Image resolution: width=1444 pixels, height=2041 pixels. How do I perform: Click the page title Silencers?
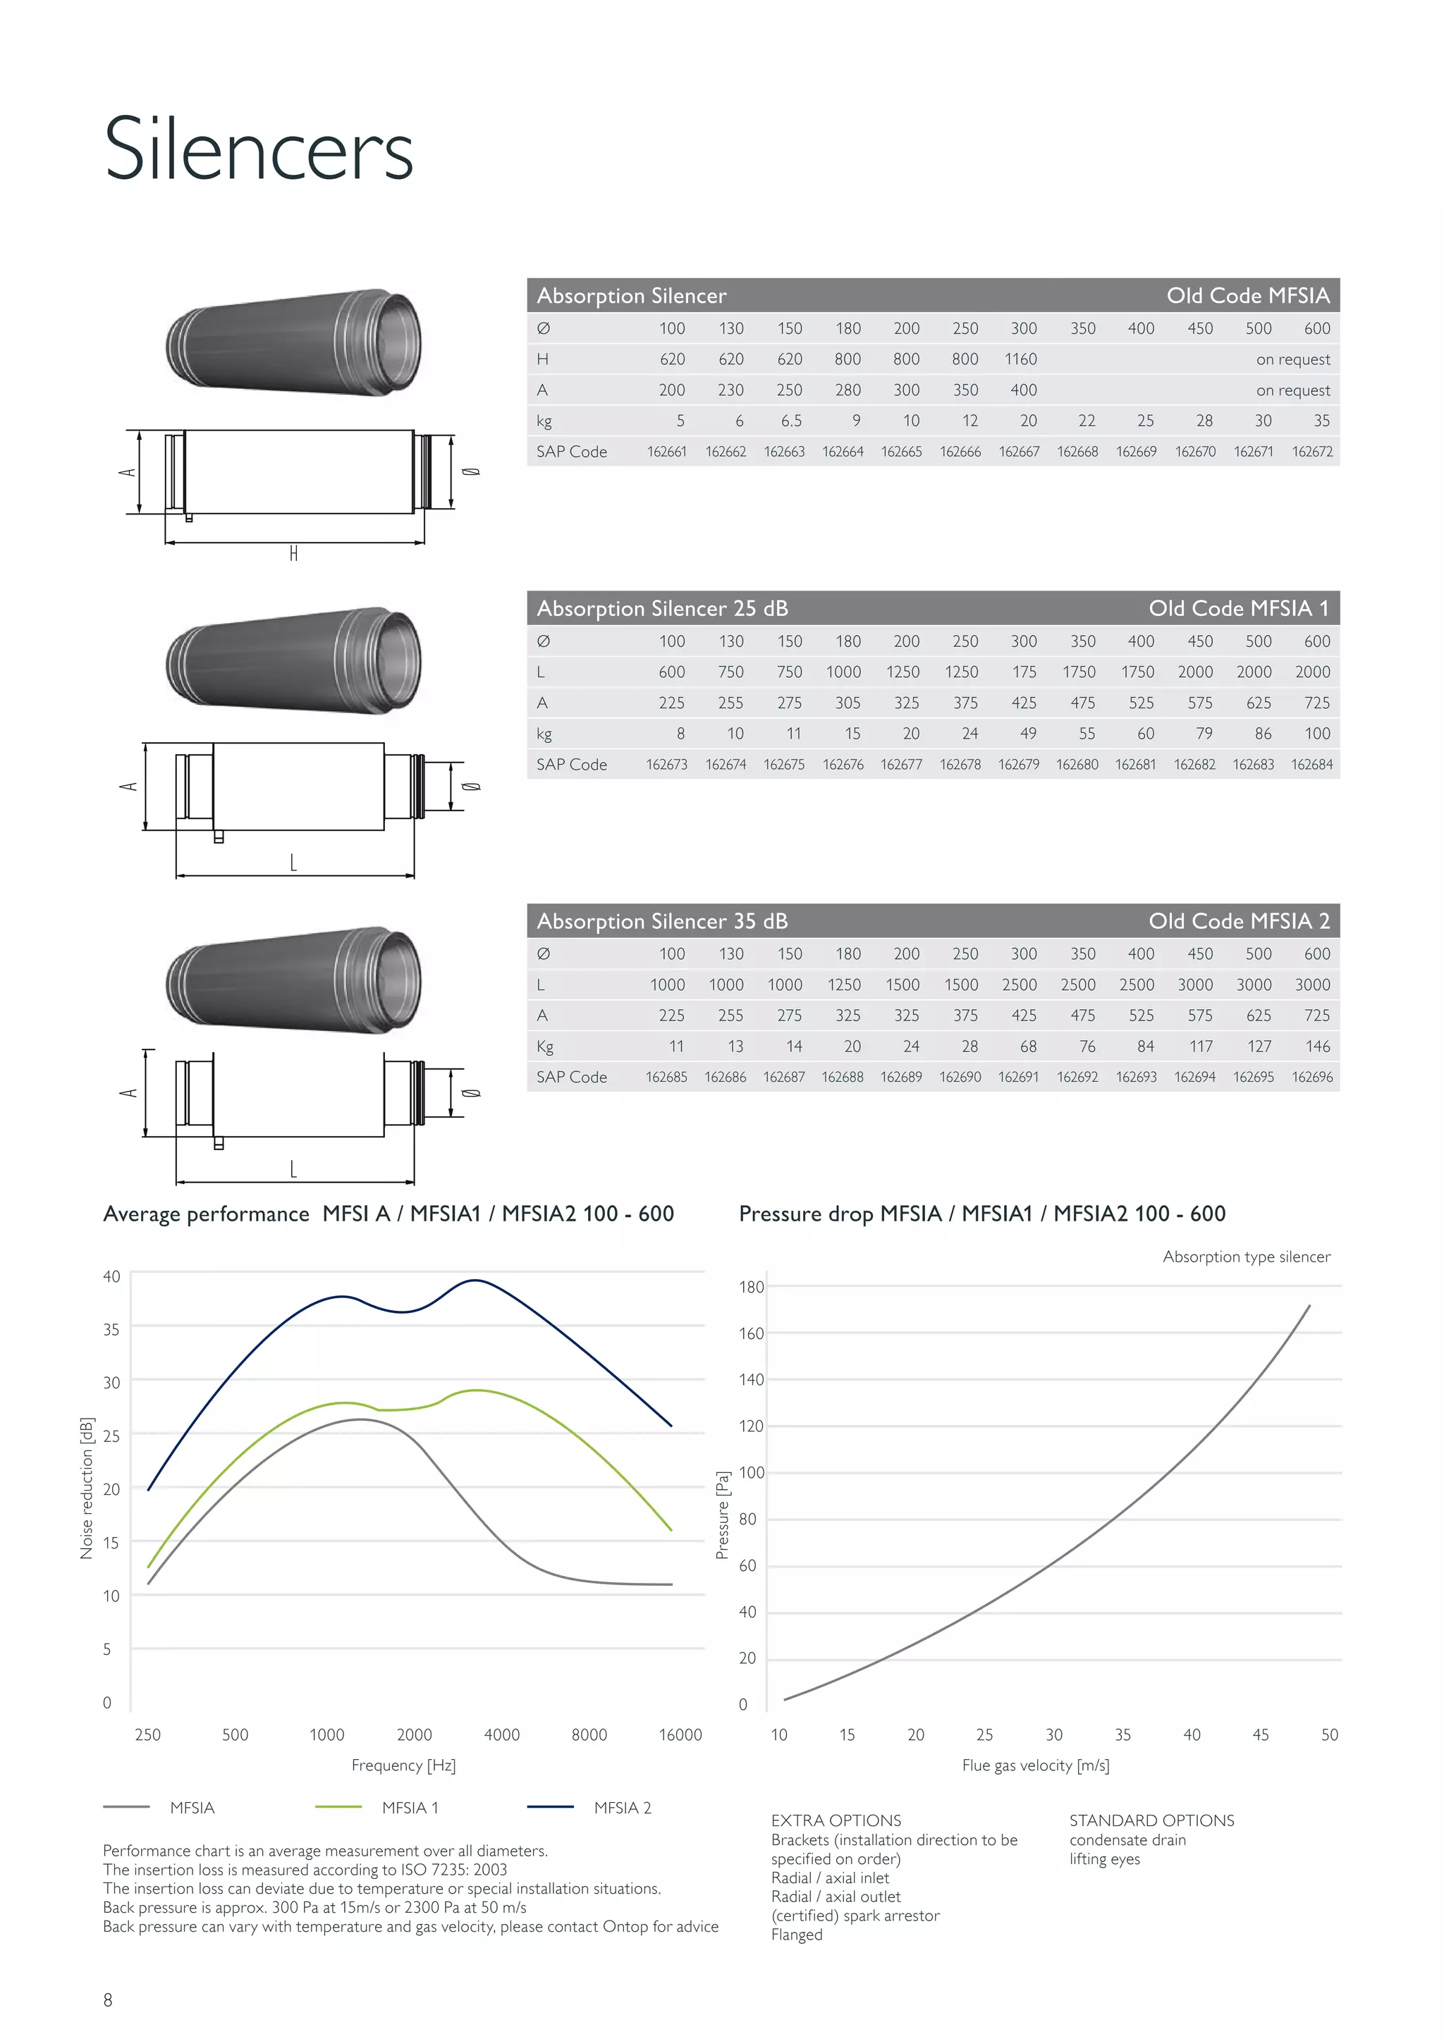pos(258,149)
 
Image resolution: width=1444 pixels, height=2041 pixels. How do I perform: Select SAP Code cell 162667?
pos(1018,452)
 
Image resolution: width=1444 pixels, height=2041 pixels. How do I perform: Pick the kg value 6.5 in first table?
pos(790,421)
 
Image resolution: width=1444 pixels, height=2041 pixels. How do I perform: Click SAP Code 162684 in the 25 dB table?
pos(1311,765)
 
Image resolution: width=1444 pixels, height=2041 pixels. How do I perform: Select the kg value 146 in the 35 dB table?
pos(1317,1047)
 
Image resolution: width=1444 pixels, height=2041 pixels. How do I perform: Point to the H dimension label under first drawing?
pos(293,554)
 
